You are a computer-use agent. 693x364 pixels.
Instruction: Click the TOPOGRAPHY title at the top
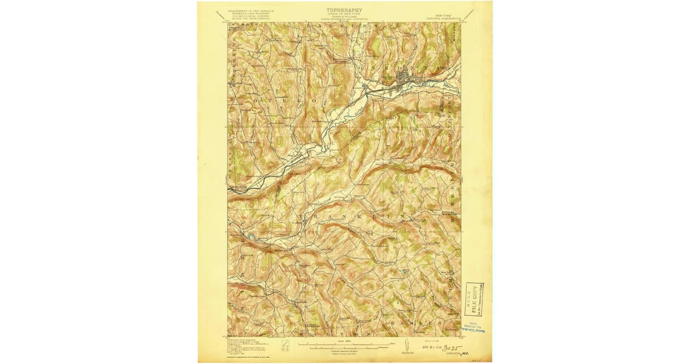point(344,10)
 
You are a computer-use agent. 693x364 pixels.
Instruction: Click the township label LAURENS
point(344,27)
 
